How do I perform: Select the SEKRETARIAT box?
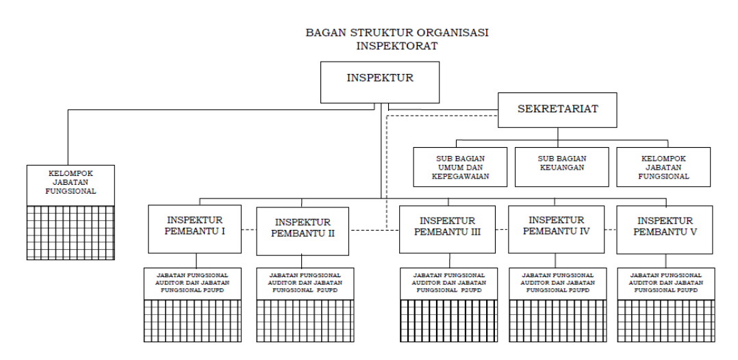pos(557,110)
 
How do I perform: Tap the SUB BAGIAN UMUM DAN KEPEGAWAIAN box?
pos(460,167)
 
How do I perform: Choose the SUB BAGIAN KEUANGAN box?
pos(561,167)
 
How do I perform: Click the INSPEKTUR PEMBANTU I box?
pos(195,229)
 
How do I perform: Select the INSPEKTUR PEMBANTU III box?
pos(449,229)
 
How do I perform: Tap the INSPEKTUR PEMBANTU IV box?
pos(557,229)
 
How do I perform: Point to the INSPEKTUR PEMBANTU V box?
pos(665,229)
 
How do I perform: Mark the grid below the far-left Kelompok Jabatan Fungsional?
pos(70,232)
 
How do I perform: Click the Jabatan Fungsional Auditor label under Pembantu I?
pos(195,283)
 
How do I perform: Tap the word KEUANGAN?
pos(561,167)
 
